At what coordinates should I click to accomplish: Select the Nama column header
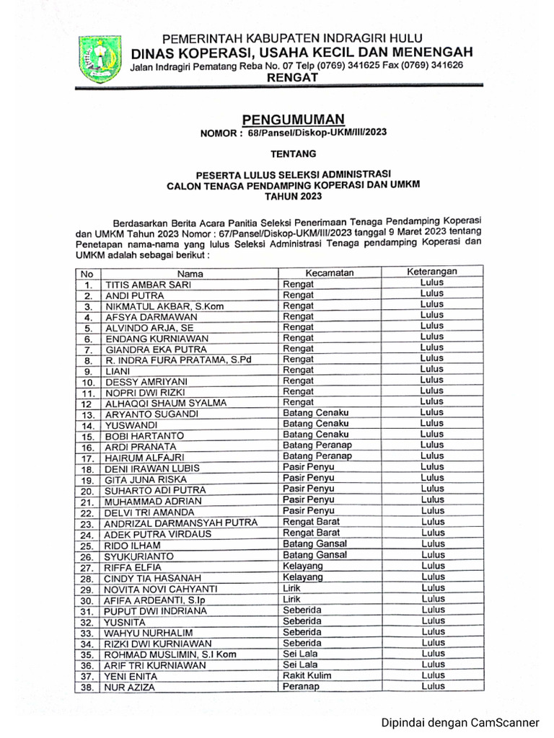click(190, 273)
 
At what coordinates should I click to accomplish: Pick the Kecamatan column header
click(329, 272)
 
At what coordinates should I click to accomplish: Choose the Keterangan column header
click(432, 272)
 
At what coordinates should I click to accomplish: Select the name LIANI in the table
click(118, 371)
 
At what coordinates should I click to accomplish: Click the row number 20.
click(88, 491)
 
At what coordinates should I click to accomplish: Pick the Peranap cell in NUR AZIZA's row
click(301, 687)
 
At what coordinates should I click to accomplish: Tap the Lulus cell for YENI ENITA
click(433, 675)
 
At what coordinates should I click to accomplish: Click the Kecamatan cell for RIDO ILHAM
click(315, 544)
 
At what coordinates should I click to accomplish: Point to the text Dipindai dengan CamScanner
click(460, 721)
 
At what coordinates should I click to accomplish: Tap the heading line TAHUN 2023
click(293, 196)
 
